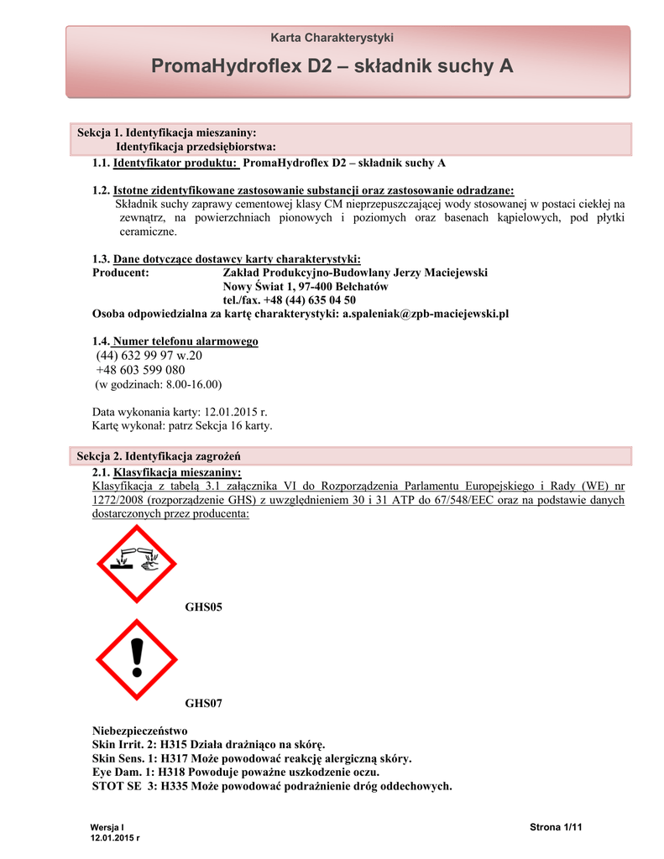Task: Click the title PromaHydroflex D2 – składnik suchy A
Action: click(x=332, y=66)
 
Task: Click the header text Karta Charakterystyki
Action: click(x=332, y=38)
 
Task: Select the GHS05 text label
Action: click(x=203, y=607)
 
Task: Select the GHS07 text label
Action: click(x=203, y=703)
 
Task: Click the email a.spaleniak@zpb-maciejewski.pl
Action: click(x=426, y=313)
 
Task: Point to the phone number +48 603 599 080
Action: click(x=140, y=370)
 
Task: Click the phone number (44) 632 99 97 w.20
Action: click(x=149, y=356)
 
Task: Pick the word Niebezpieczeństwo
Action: click(x=139, y=731)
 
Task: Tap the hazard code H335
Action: click(x=175, y=786)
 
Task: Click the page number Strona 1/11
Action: click(x=556, y=828)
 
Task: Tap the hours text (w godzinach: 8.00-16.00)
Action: click(x=156, y=384)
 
